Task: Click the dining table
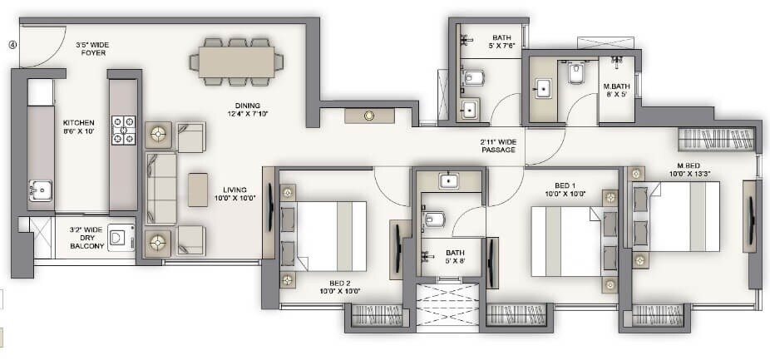(x=236, y=61)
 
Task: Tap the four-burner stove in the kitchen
(x=124, y=129)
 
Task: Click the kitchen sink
(x=40, y=192)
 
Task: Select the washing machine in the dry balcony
(x=121, y=238)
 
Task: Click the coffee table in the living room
(x=198, y=190)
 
